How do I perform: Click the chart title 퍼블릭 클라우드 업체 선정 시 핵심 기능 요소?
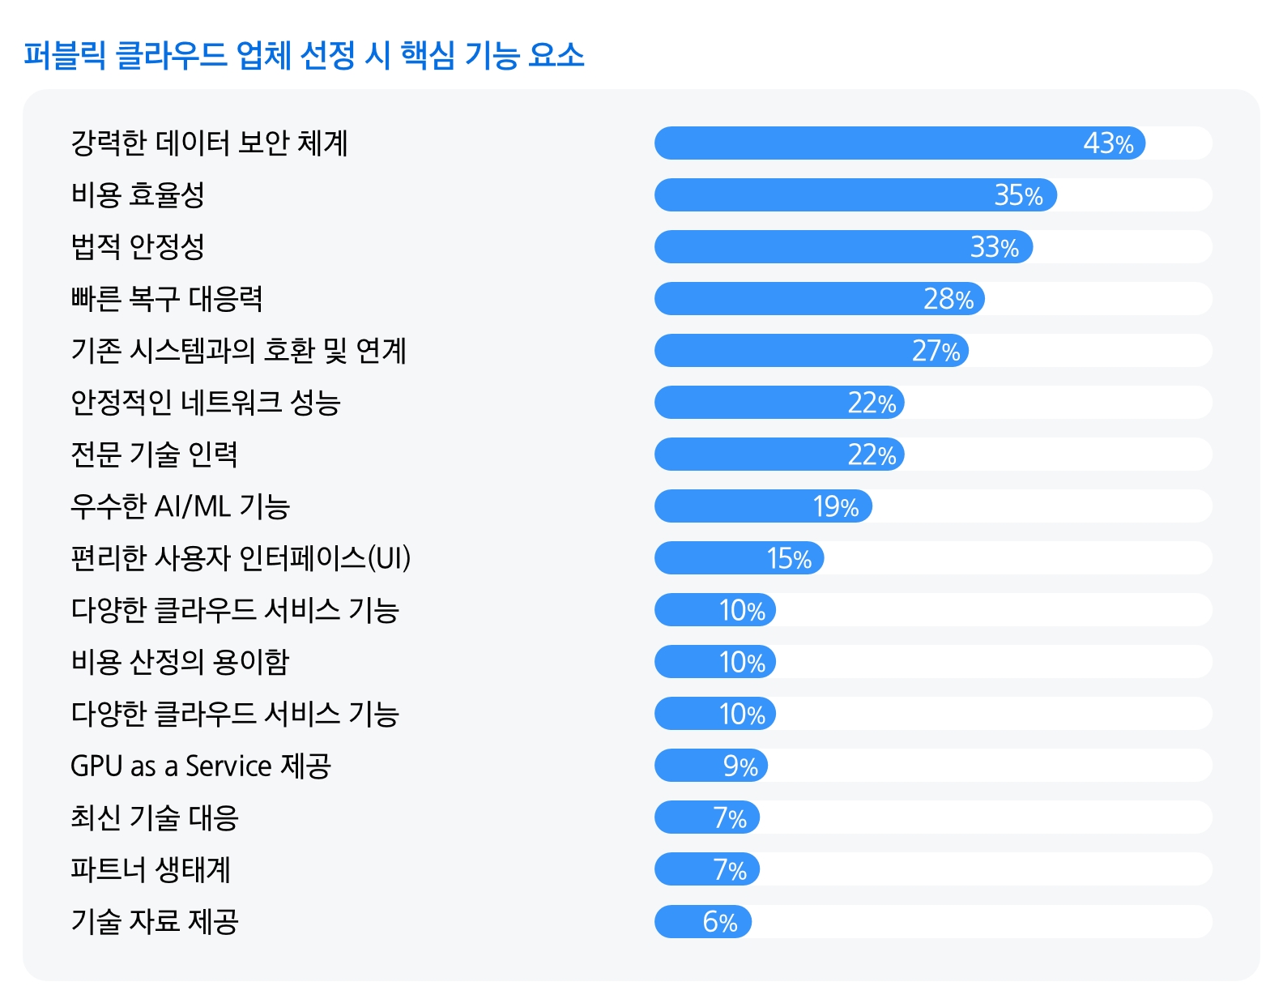[x=304, y=55]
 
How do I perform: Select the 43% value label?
[x=1108, y=143]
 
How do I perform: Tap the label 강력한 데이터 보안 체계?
[x=209, y=143]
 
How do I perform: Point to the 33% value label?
[x=994, y=247]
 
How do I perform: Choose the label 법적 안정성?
[x=138, y=247]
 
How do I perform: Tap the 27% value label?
[x=936, y=351]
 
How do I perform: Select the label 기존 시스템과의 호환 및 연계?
[x=238, y=351]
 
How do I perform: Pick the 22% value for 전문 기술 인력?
[x=872, y=455]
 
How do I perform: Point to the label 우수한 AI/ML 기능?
[x=180, y=506]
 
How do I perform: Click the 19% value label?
[x=836, y=506]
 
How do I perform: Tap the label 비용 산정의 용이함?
[x=180, y=662]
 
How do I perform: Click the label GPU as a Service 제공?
[x=201, y=766]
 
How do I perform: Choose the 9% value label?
[x=740, y=766]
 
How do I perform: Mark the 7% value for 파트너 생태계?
[x=730, y=869]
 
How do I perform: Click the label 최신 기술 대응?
[x=154, y=817]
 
